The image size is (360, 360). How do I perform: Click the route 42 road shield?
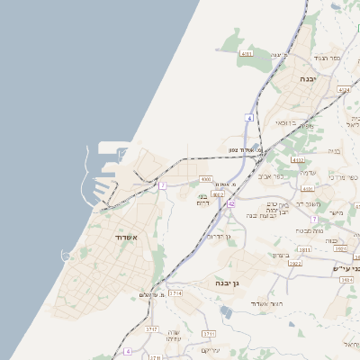pyautogui.click(x=231, y=205)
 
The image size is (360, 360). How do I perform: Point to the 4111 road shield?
pyautogui.click(x=247, y=54)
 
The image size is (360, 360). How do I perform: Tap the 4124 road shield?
pyautogui.click(x=344, y=90)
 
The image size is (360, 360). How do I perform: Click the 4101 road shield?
pyautogui.click(x=308, y=188)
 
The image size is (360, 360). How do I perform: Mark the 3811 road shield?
pyautogui.click(x=305, y=249)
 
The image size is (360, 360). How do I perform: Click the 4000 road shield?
pyautogui.click(x=206, y=180)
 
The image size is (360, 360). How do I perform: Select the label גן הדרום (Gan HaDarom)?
pyautogui.click(x=220, y=237)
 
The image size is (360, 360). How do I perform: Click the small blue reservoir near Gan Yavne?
pyautogui.click(x=225, y=311)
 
